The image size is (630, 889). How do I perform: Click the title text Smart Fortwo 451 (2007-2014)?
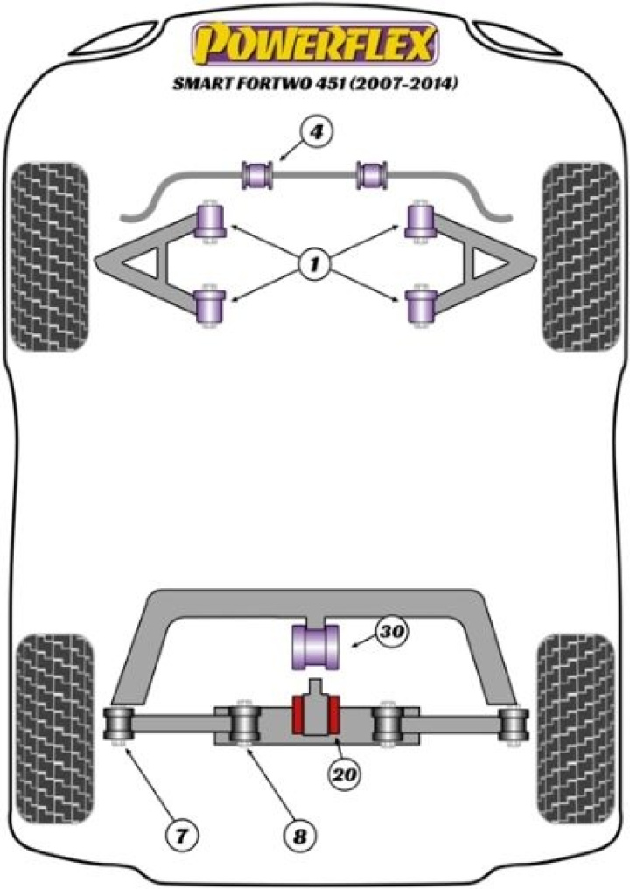[315, 85]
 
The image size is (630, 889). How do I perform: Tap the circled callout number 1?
[313, 262]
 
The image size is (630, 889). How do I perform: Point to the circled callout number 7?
[180, 834]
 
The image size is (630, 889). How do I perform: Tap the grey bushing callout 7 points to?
[118, 723]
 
